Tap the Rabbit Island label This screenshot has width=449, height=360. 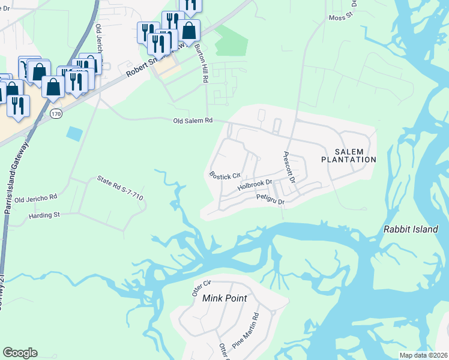(411, 229)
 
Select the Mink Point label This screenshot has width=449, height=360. (224, 298)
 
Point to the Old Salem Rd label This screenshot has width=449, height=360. (193, 121)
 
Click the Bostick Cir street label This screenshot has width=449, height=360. (224, 175)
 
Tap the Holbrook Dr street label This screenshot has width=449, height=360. (255, 185)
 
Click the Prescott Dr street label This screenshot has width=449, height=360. (289, 167)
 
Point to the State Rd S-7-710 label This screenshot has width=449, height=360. (120, 187)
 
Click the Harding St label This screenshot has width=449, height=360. (44, 214)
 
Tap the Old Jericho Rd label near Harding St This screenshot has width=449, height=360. (35, 197)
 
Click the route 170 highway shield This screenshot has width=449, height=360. (56, 113)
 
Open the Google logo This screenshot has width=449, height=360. (20, 353)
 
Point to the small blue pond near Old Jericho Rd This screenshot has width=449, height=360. (74, 133)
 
